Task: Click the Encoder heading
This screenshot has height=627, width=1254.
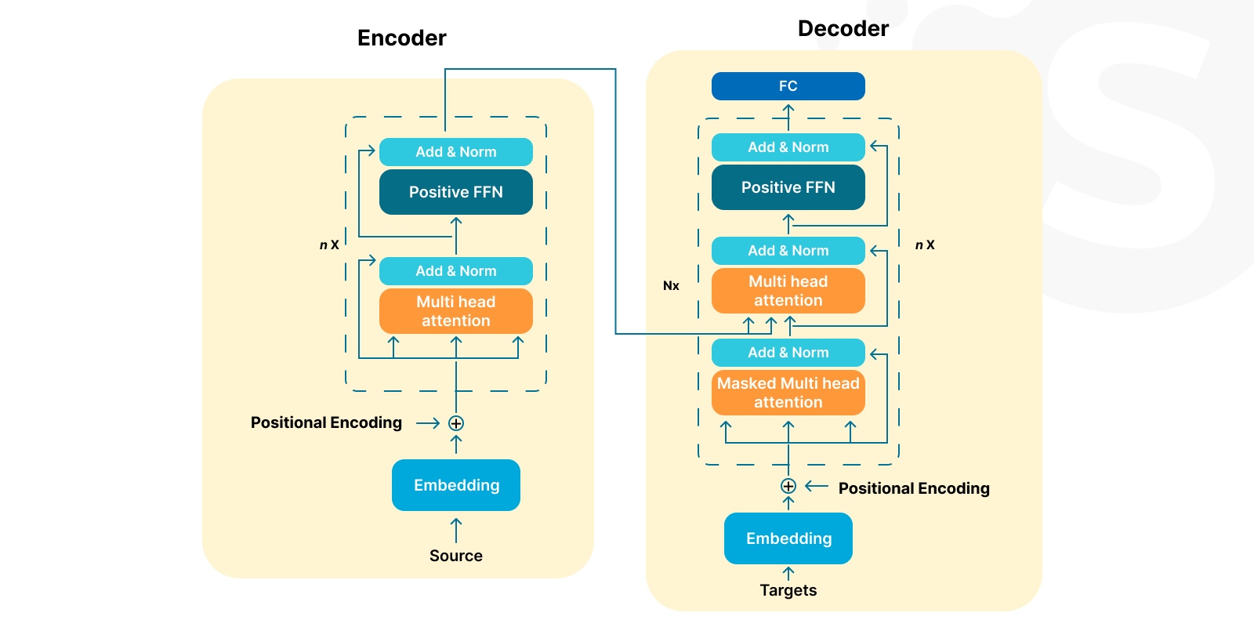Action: coord(401,38)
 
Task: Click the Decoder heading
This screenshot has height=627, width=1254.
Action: coord(843,29)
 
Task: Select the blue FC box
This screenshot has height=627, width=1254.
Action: coord(788,86)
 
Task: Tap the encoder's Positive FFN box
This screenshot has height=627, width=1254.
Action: coord(455,192)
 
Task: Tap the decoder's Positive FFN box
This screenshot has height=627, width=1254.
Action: coord(788,187)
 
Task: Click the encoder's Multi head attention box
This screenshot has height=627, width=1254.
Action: coord(455,311)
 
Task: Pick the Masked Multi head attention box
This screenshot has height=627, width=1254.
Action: coord(788,393)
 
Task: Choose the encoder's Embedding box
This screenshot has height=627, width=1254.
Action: coord(455,485)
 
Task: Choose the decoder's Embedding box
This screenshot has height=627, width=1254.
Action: coord(788,538)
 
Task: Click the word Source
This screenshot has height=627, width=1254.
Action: coord(455,556)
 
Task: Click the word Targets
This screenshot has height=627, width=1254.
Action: coord(788,590)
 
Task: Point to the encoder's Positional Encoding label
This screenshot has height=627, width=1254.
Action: coord(326,422)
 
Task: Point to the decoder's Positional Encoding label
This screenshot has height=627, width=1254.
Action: coord(914,488)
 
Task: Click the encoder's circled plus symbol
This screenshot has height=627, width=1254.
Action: coord(456,423)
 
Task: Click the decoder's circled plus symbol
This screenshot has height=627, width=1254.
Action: coord(788,486)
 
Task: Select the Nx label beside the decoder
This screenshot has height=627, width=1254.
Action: coord(671,285)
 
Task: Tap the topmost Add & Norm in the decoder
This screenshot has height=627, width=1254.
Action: coord(788,147)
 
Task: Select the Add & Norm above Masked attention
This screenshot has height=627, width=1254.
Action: coord(788,353)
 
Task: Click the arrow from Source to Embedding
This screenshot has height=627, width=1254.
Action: coord(456,530)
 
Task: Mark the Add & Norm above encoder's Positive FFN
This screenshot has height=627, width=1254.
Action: coord(455,152)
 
